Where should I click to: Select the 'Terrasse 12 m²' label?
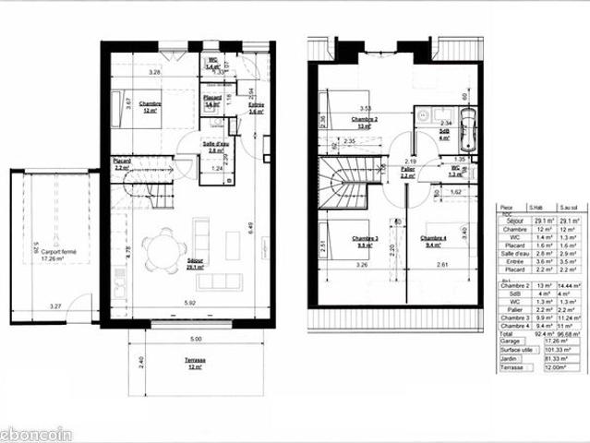tap(194, 365)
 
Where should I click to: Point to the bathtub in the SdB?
tap(469, 131)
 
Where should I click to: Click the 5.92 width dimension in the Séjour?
tap(189, 304)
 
